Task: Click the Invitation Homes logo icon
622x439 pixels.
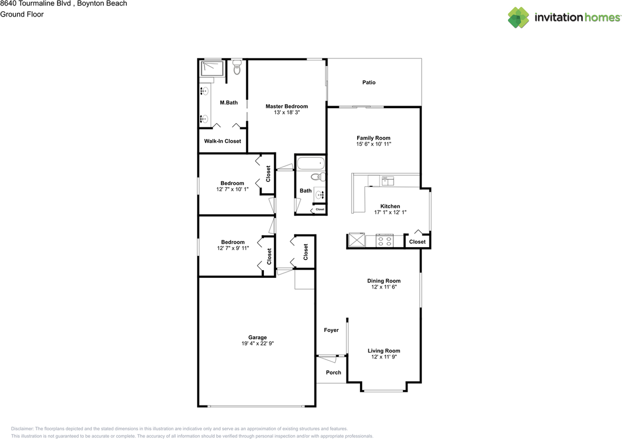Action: pos(518,18)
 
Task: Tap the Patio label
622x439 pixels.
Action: pos(369,83)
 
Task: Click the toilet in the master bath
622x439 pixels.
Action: pos(237,69)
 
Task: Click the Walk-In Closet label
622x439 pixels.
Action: pos(222,142)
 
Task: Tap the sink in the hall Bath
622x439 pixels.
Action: pos(320,195)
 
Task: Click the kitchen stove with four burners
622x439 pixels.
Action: pos(385,240)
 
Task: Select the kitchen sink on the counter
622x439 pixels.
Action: pos(387,181)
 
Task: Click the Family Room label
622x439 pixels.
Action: pos(373,138)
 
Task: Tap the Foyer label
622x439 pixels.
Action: pos(331,330)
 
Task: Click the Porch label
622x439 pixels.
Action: pos(333,373)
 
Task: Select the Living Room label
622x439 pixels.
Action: pos(384,351)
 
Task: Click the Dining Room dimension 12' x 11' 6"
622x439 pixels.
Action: pos(384,287)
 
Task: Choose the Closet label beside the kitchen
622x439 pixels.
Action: pos(417,242)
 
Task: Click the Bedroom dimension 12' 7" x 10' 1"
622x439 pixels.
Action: pos(232,189)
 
